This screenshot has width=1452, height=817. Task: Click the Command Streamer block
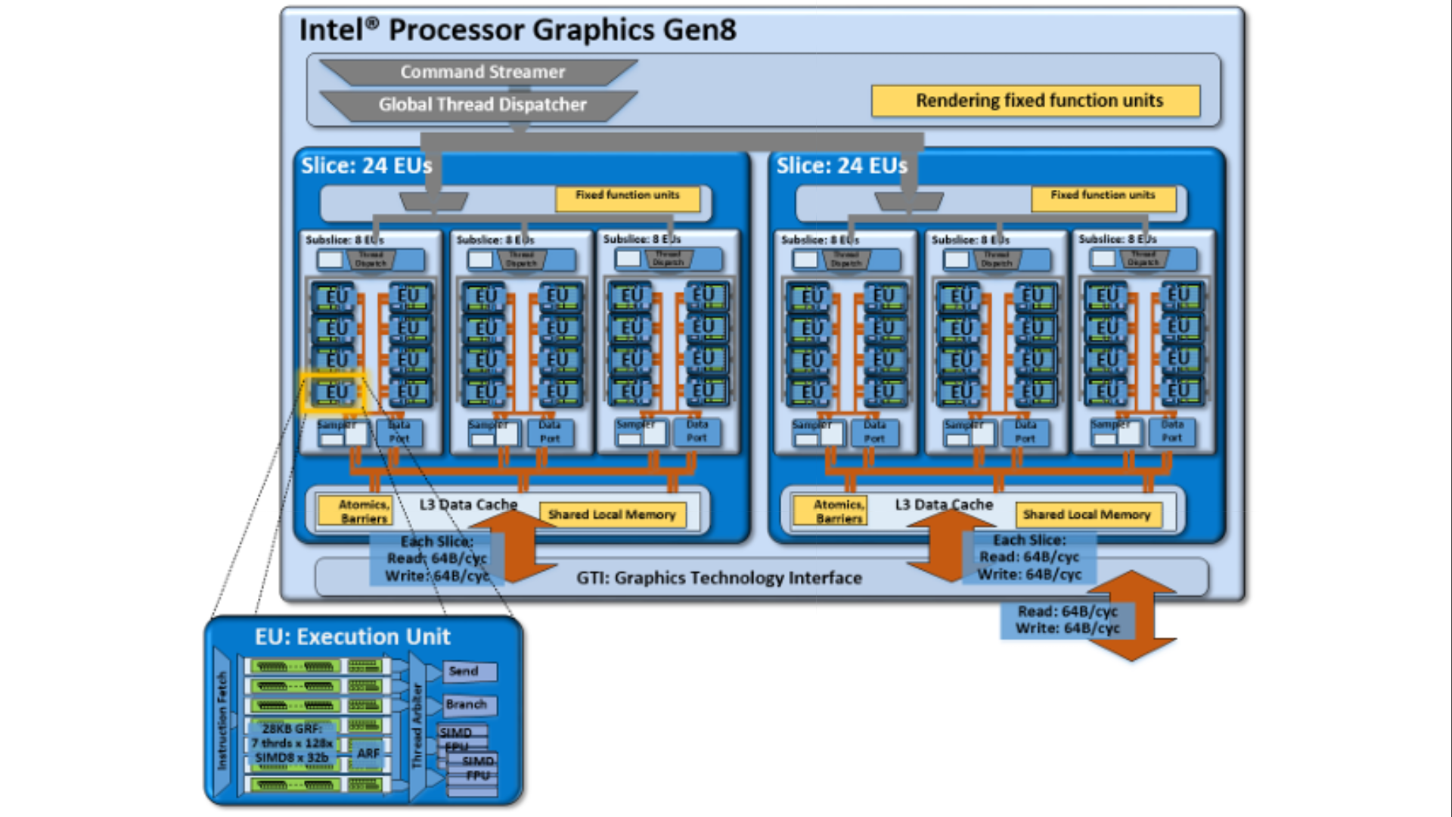482,72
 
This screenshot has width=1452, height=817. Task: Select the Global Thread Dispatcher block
482,104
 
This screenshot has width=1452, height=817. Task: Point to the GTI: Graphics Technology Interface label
718,578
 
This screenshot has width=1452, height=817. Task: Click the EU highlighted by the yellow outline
334,392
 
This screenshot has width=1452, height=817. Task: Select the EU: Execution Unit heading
352,637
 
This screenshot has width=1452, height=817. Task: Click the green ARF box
368,753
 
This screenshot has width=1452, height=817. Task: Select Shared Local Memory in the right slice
1086,515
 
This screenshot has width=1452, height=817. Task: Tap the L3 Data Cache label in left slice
468,505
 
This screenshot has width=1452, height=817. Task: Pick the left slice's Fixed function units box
627,196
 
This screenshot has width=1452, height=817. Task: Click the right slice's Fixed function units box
1103,196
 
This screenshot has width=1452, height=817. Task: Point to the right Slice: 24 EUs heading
841,166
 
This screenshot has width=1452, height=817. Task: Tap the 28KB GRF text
292,729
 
